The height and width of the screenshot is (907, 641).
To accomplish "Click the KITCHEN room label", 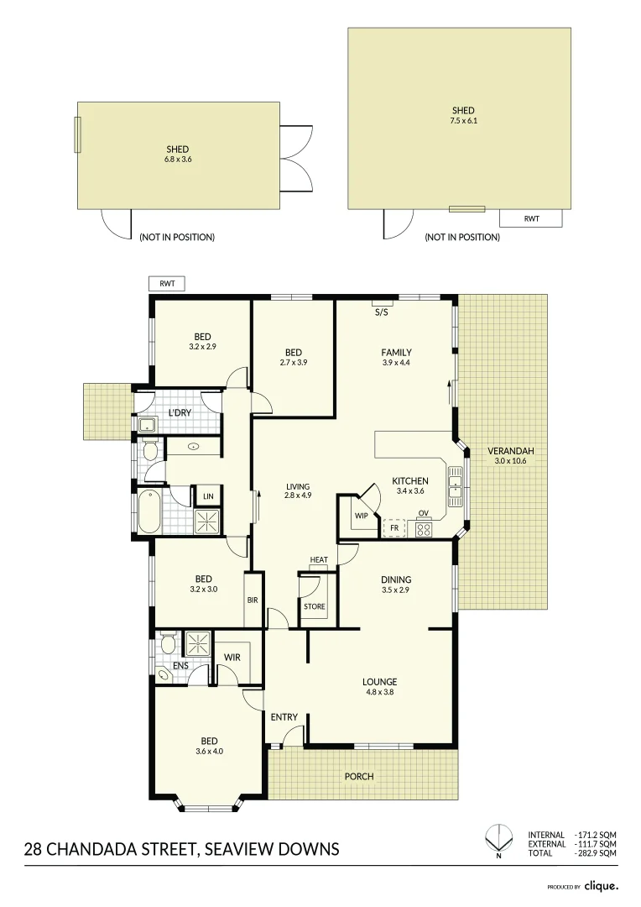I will pos(410,481).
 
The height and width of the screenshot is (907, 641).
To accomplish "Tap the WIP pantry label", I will pos(362,516).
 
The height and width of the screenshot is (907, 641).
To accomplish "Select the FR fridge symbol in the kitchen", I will pos(394,528).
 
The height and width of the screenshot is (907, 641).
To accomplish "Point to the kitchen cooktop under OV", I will pos(424,529).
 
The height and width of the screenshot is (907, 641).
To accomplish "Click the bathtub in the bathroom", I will pos(148,511).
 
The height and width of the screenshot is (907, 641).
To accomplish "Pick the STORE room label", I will pos(315,606).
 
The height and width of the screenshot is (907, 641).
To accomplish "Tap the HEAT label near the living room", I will pos(319,560).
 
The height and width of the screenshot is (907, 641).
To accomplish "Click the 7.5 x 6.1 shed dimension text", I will pos(463,121).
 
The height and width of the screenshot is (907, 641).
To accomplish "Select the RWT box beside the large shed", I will pos(531,218).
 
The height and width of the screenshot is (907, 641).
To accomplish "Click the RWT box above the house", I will pos(166,284).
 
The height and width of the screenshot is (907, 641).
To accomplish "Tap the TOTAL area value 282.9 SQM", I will pos(597,853).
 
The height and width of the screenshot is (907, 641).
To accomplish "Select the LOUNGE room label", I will pos(380,682).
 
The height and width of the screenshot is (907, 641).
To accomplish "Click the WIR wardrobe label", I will pos(232,658).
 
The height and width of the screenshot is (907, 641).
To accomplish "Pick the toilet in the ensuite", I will pos(168,646).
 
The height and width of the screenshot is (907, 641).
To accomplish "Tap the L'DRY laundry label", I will pos(179,413).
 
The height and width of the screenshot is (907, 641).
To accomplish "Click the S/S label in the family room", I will pos(382,312).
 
